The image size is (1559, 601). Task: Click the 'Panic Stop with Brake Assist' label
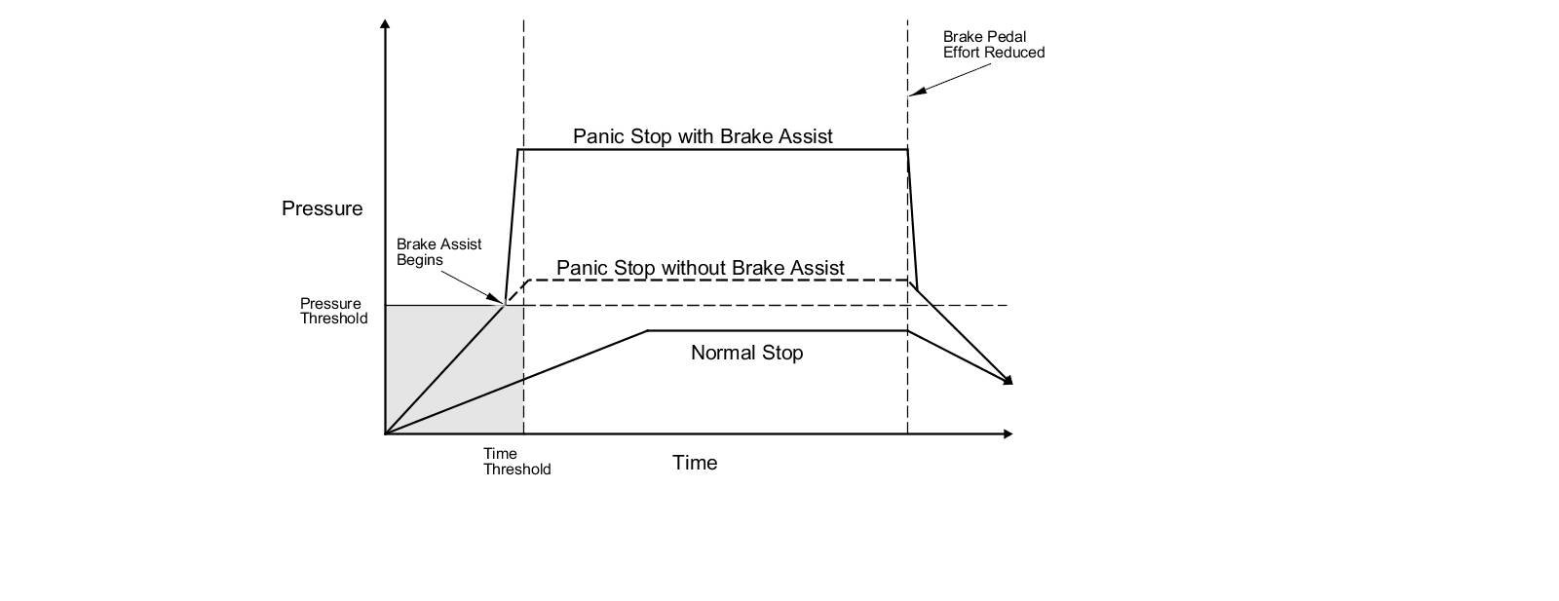coord(703,136)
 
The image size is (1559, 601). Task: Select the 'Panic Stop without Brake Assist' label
coord(700,267)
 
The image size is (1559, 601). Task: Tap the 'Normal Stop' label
coord(746,353)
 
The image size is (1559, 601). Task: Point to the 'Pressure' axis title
coord(322,208)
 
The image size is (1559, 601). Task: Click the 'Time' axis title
coord(695,463)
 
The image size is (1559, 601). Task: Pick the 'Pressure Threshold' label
coord(333,311)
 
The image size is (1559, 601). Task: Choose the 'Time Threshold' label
coord(516,461)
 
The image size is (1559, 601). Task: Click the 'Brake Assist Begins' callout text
coord(438,251)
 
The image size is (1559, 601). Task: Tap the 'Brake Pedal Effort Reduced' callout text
coord(993,45)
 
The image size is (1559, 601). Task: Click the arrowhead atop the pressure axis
coord(386,23)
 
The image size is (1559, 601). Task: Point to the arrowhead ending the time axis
coord(1008,433)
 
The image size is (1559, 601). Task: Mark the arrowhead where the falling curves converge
coord(1008,380)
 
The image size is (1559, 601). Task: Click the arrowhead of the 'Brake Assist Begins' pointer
coord(500,300)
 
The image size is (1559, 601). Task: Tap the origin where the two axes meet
coord(386,433)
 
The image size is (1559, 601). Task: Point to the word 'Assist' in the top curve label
coord(805,136)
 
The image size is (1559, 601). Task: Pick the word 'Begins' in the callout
coord(420,260)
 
